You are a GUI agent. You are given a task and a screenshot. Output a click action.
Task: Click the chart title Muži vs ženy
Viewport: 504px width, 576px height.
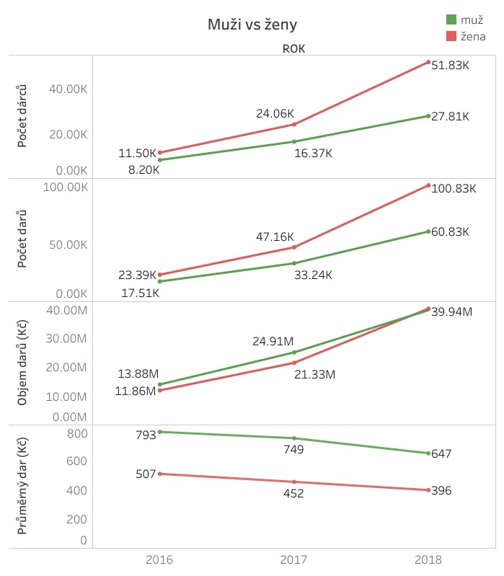click(252, 25)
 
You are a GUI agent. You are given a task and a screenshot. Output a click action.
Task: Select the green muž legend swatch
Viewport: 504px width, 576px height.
click(451, 19)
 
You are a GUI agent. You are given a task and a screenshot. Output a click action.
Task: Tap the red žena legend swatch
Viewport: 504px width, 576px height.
click(451, 35)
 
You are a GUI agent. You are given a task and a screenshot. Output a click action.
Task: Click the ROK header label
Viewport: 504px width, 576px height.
click(294, 49)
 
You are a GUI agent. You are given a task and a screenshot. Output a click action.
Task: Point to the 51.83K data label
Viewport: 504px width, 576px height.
click(450, 65)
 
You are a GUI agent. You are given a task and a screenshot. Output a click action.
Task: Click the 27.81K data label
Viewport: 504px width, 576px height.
click(450, 116)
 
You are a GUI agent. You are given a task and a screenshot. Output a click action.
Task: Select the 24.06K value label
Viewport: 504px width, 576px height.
click(275, 113)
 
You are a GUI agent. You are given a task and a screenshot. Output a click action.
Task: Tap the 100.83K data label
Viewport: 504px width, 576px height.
click(454, 189)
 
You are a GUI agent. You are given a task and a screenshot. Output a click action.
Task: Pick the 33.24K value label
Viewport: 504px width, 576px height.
click(313, 274)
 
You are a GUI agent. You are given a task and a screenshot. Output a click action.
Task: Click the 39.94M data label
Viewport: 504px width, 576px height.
click(451, 311)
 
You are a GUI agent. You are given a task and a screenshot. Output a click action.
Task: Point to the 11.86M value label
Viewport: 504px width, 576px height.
click(136, 391)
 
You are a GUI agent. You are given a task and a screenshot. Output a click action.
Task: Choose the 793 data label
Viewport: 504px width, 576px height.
click(146, 435)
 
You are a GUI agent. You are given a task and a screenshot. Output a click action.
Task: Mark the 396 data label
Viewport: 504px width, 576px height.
click(441, 490)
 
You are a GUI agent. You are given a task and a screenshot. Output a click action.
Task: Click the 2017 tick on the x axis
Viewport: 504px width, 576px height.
click(293, 559)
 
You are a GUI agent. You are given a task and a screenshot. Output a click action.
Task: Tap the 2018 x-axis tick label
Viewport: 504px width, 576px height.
click(428, 559)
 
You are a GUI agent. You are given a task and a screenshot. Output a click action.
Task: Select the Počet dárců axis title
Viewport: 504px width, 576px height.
click(23, 115)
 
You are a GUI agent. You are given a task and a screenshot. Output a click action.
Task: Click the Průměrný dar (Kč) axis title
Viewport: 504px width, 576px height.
click(23, 488)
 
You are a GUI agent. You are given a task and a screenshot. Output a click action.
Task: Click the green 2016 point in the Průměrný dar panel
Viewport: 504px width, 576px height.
click(159, 432)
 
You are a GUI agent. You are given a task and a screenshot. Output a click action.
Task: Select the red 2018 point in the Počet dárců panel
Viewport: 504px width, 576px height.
click(428, 62)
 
